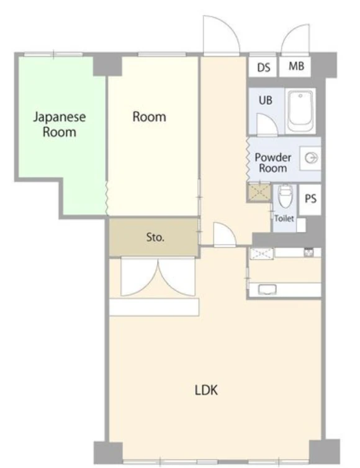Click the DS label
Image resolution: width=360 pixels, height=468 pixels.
pyautogui.click(x=264, y=68)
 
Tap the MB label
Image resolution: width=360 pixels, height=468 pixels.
pyautogui.click(x=296, y=66)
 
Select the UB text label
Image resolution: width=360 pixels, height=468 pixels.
pyautogui.click(x=266, y=100)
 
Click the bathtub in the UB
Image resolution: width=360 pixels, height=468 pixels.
pyautogui.click(x=300, y=111)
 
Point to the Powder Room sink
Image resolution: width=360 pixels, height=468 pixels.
pyautogui.click(x=310, y=158)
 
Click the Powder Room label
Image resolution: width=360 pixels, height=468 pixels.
pyautogui.click(x=273, y=163)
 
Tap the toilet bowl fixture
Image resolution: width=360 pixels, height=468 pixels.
pyautogui.click(x=285, y=196)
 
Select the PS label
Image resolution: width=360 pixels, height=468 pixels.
pyautogui.click(x=310, y=199)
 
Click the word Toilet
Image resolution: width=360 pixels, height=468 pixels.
pyautogui.click(x=284, y=218)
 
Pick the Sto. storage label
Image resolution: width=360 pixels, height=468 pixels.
pyautogui.click(x=155, y=237)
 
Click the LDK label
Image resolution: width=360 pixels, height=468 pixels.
pyautogui.click(x=206, y=390)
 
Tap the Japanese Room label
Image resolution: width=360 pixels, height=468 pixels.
pyautogui.click(x=60, y=125)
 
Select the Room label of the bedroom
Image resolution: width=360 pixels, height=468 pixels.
pyautogui.click(x=149, y=117)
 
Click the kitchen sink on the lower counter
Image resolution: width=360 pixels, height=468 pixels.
pyautogui.click(x=267, y=289)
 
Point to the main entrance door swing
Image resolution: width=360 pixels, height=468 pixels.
pyautogui.click(x=221, y=35)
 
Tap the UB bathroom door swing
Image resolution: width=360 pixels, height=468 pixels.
pyautogui.click(x=268, y=125)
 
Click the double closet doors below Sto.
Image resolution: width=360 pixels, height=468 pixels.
pyautogui.click(x=158, y=277)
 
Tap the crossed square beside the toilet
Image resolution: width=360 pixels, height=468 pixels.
pyautogui.click(x=259, y=192)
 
